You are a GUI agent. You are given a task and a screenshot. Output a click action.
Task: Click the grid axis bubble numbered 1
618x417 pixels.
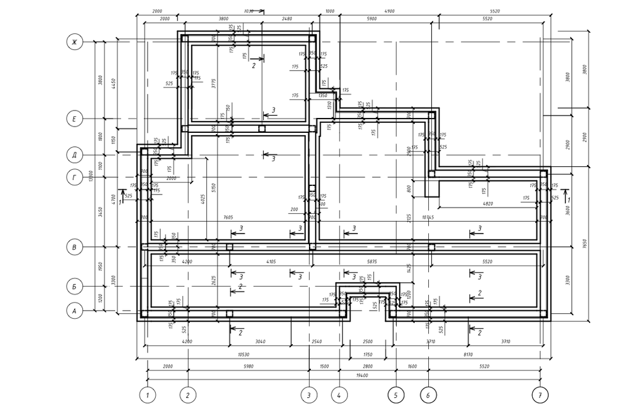(147, 394)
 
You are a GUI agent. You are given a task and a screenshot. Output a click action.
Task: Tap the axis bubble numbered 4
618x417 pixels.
(339, 394)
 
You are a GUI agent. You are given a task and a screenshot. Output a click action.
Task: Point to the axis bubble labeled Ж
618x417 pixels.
(74, 42)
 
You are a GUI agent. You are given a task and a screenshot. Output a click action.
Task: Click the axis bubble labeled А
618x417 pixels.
(74, 311)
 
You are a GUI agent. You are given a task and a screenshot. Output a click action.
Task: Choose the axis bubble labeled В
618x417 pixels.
(74, 248)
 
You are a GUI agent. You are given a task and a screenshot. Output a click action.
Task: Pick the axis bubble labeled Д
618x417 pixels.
(74, 154)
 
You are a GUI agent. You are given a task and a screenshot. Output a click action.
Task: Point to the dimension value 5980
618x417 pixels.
(248, 366)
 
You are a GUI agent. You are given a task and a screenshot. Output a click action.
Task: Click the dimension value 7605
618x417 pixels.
(229, 217)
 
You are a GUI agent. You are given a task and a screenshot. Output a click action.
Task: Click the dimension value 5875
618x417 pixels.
(371, 262)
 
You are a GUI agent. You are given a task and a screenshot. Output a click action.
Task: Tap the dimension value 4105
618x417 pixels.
(270, 262)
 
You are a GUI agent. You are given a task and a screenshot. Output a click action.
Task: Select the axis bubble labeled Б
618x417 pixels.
(74, 287)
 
